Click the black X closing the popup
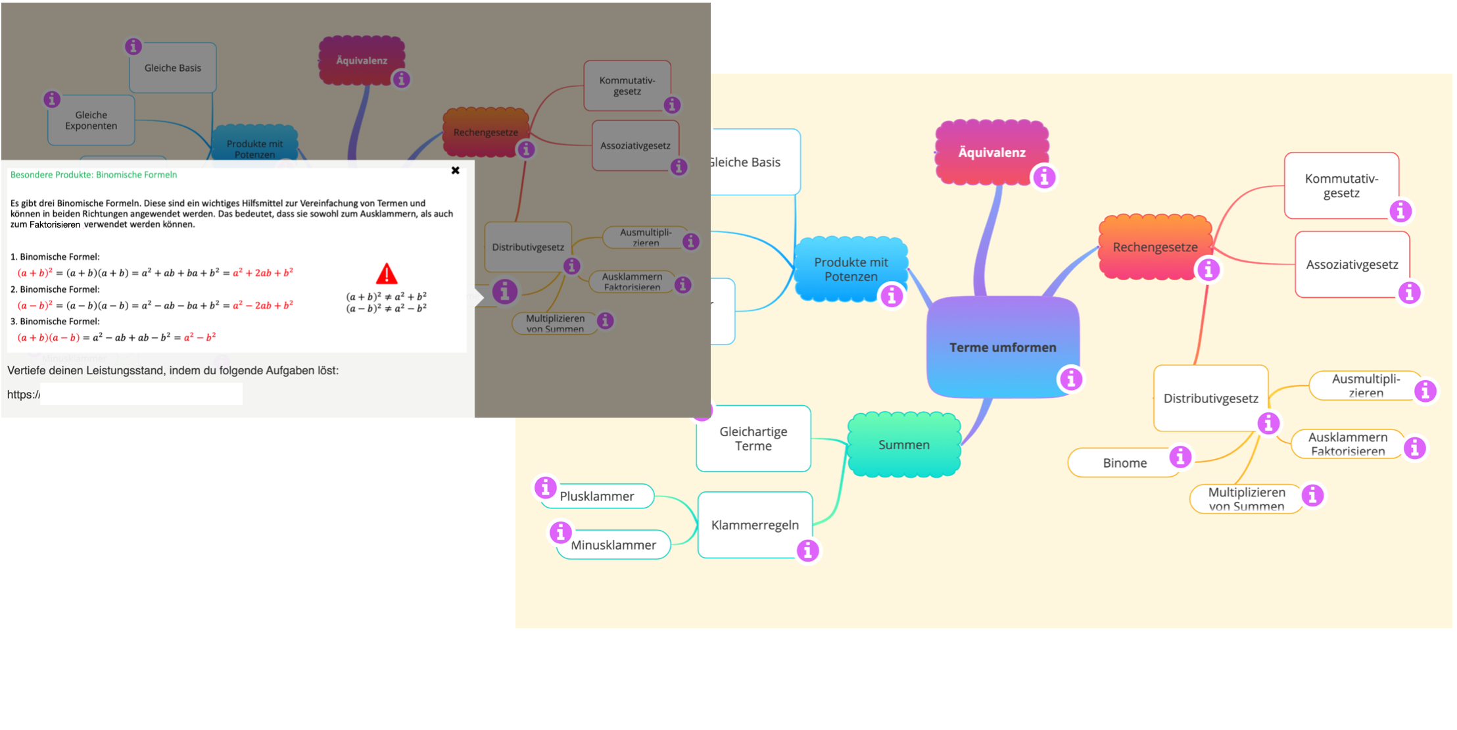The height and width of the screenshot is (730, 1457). click(455, 170)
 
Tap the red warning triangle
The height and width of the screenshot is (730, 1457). click(387, 274)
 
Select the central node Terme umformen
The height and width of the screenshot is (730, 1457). click(1002, 347)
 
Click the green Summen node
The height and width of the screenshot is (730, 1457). click(904, 445)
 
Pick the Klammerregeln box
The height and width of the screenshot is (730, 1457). click(755, 525)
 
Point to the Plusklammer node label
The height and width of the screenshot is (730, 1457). click(597, 497)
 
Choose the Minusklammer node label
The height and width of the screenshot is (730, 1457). click(613, 545)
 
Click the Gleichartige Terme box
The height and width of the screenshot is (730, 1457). click(753, 439)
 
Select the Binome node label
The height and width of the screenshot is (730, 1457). click(1124, 463)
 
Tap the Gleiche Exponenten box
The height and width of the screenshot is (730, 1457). click(91, 120)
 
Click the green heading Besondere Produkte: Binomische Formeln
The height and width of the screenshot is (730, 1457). click(93, 175)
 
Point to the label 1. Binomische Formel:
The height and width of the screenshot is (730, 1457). click(55, 256)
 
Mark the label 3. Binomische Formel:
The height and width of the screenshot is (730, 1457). click(55, 322)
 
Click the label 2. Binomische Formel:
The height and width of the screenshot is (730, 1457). click(55, 289)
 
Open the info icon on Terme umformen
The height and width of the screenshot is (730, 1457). click(1071, 379)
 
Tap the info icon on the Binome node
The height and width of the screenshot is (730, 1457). click(1180, 456)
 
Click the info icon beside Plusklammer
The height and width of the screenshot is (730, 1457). click(545, 487)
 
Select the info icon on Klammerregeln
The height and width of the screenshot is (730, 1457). click(808, 550)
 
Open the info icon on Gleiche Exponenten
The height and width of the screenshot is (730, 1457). click(52, 99)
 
